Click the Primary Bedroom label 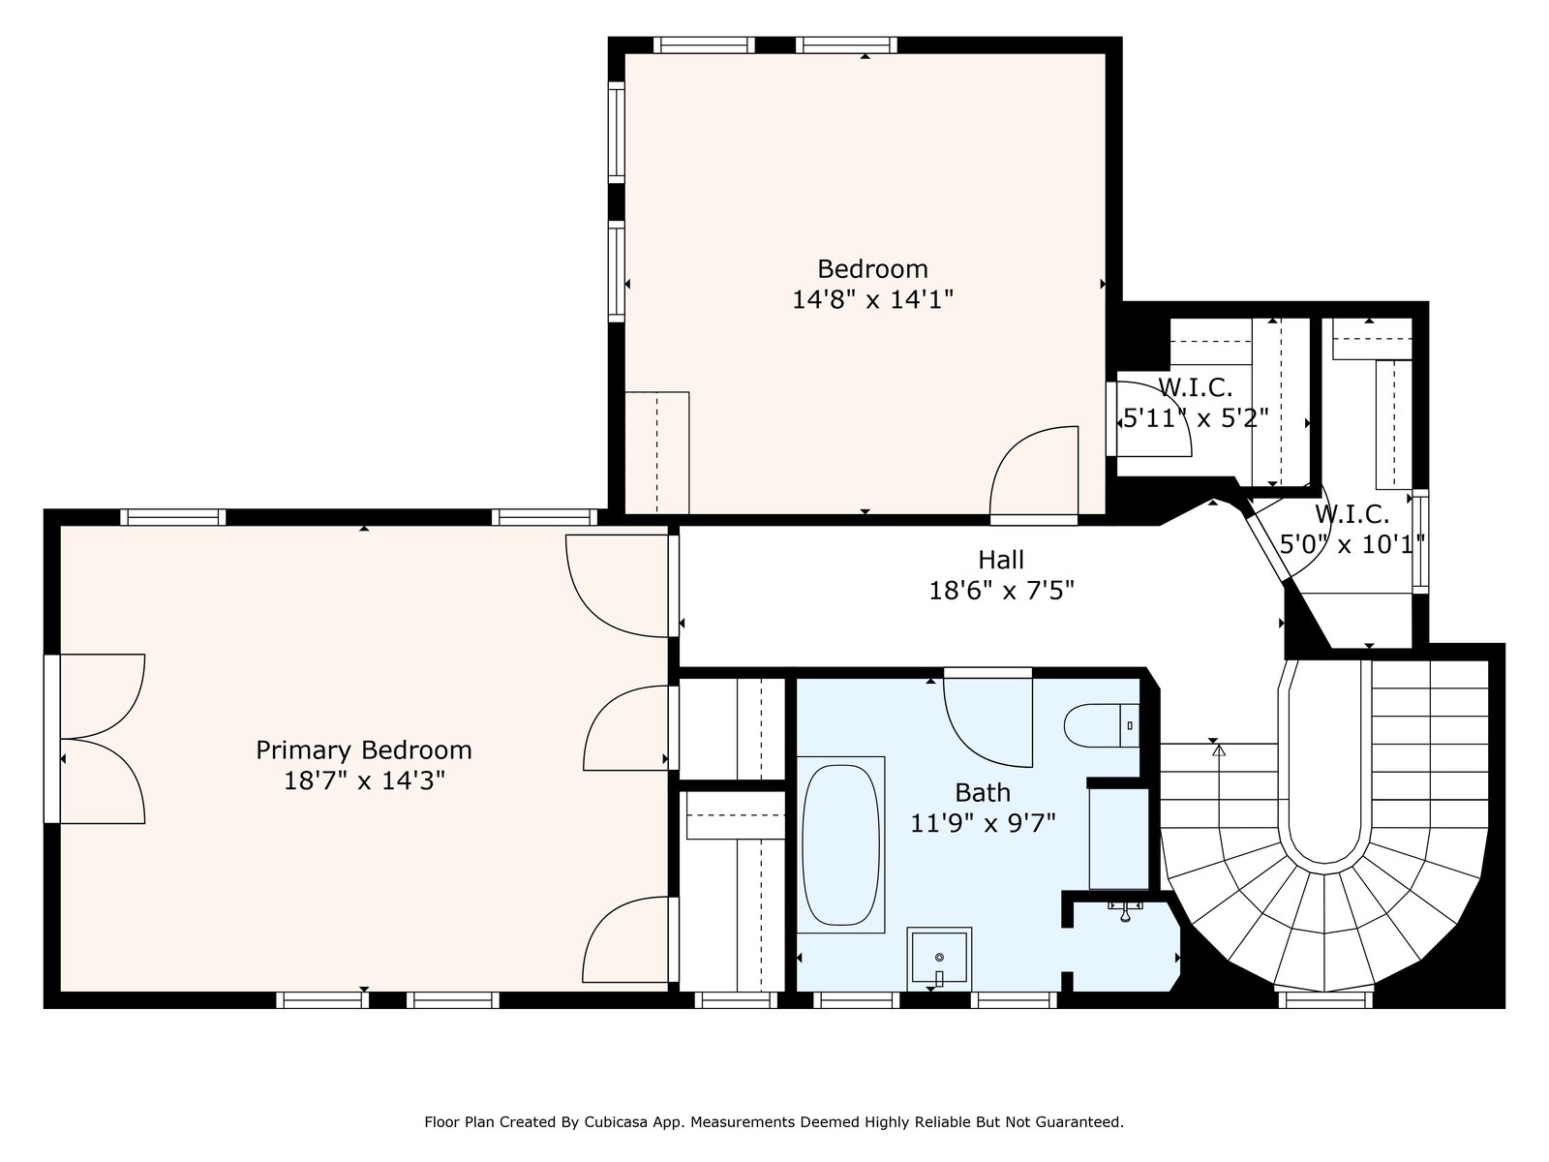point(363,749)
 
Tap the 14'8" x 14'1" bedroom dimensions point(872,300)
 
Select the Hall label point(1001,561)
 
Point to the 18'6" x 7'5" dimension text point(1001,591)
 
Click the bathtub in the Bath point(840,845)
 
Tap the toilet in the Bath point(1101,725)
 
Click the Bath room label point(983,792)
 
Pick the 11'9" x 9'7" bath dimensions point(983,823)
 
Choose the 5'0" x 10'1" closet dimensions point(1352,544)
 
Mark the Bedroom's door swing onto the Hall point(1035,472)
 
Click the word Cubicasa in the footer point(613,1121)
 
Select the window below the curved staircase point(1325,999)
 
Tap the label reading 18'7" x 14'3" point(364,781)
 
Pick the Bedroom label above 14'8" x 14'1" point(872,269)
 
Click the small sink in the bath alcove point(1126,909)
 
